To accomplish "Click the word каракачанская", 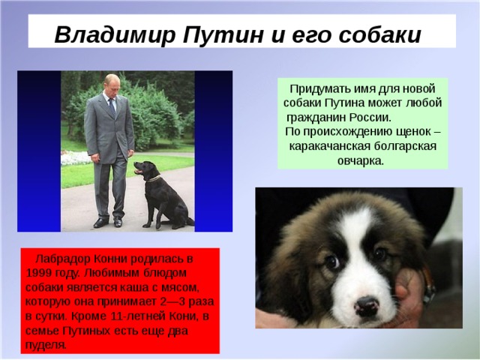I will (x=324, y=146).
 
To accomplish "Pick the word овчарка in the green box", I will (x=361, y=160).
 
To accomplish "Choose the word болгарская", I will (x=398, y=146).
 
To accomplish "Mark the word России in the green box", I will (x=372, y=117).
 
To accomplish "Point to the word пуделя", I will (x=45, y=344).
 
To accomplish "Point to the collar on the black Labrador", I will (x=154, y=178).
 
